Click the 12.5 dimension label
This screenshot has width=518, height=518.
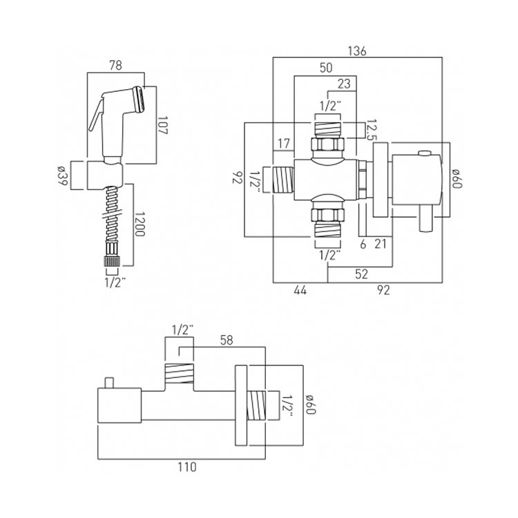[x=372, y=129]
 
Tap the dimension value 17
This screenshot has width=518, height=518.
[x=283, y=144]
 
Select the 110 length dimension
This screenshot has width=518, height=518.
[x=182, y=467]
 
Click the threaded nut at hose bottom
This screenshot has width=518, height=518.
[x=111, y=260]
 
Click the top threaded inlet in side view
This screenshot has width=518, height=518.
[x=180, y=374]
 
